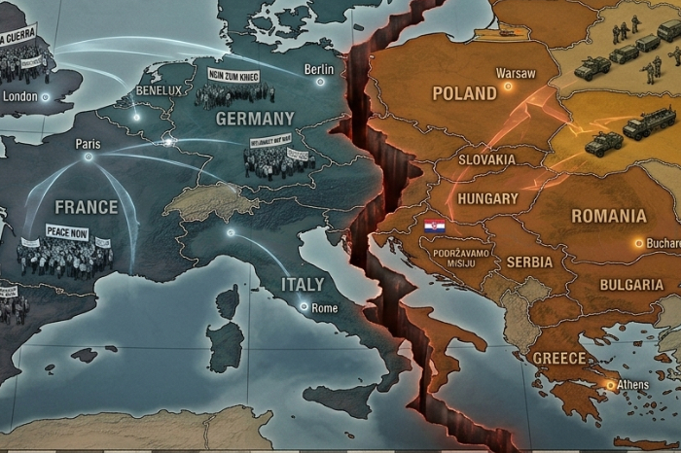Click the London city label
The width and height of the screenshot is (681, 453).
click(x=20, y=96)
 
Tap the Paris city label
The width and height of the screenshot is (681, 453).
click(x=88, y=144)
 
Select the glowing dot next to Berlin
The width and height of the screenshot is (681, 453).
click(x=319, y=82)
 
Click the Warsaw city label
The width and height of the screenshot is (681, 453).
click(x=515, y=73)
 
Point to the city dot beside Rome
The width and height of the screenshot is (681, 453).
click(x=305, y=307)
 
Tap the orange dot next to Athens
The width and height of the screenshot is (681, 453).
click(x=610, y=385)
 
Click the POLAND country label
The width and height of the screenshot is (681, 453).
click(x=464, y=94)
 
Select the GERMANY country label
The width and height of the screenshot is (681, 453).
click(x=255, y=119)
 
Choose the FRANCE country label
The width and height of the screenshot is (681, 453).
click(x=86, y=207)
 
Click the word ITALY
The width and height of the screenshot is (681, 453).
click(x=303, y=284)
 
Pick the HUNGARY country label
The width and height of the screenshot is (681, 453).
click(x=486, y=197)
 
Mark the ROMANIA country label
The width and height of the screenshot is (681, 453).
click(x=608, y=215)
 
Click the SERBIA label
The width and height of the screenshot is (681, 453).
click(x=529, y=261)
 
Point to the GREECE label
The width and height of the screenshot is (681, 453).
click(x=558, y=358)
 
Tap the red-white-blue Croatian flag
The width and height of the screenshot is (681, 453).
click(x=435, y=227)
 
